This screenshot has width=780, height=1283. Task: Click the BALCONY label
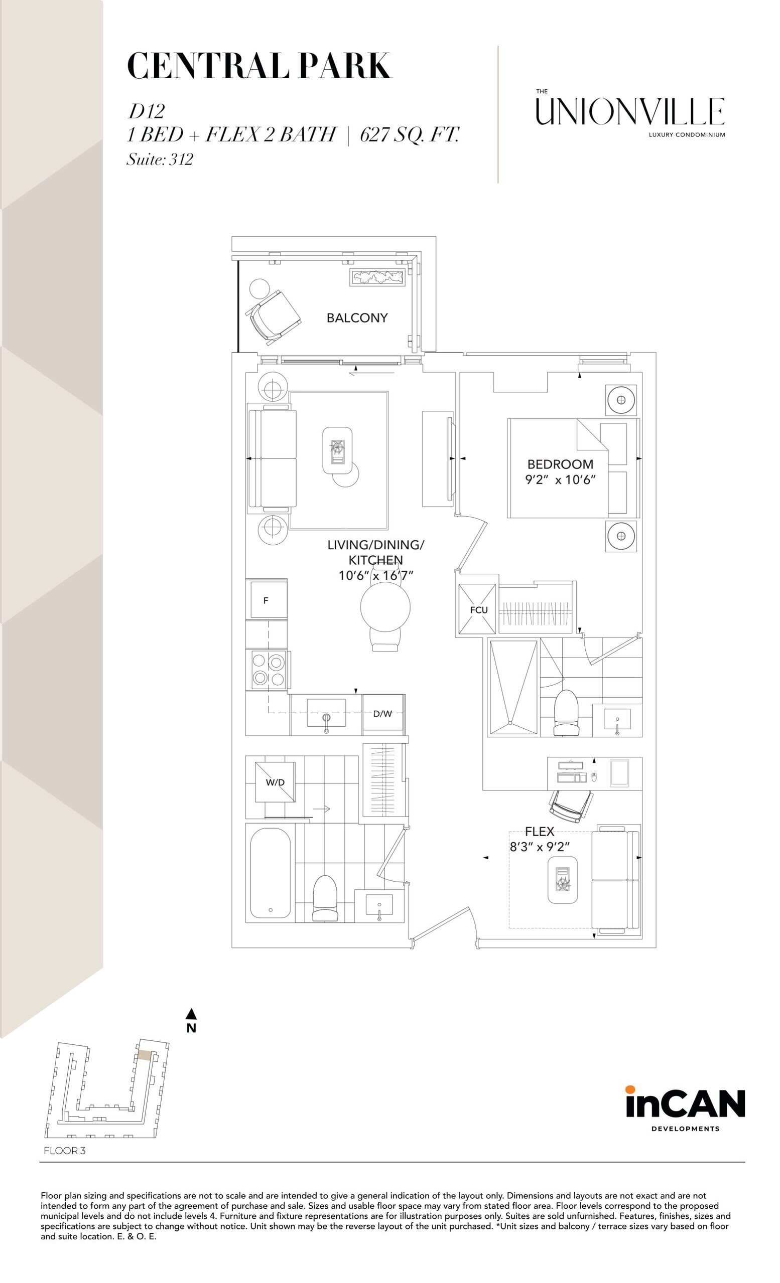(x=357, y=317)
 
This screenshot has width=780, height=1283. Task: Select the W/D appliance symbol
(x=275, y=782)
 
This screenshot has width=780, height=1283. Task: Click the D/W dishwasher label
(x=383, y=714)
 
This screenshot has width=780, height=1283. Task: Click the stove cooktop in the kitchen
(x=269, y=670)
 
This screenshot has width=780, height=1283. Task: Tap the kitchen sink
(x=326, y=713)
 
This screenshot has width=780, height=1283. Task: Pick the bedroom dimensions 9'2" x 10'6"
(x=560, y=479)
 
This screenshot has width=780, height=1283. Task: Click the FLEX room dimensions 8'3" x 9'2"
(x=540, y=847)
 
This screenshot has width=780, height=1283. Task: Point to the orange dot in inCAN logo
(x=630, y=1089)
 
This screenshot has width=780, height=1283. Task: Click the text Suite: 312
(x=160, y=159)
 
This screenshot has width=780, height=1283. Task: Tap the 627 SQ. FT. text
(x=410, y=135)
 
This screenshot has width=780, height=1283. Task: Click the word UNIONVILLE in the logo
(x=630, y=111)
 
